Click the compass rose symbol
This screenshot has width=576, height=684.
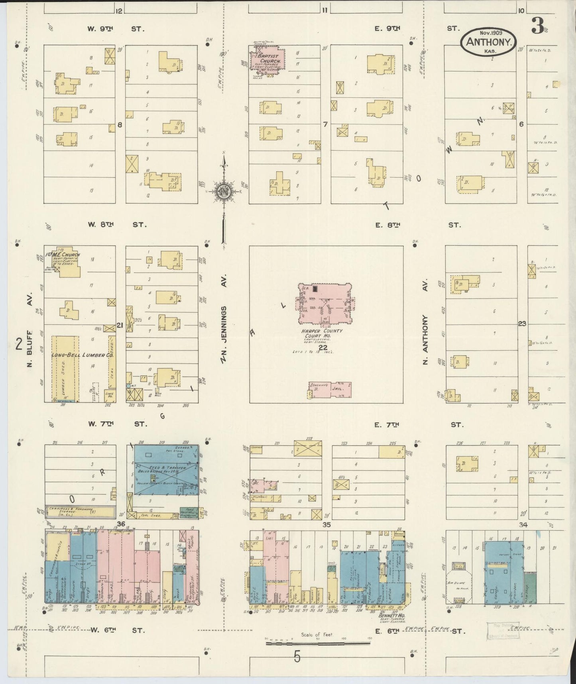(x=224, y=191)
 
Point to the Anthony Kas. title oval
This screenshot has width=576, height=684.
(x=489, y=42)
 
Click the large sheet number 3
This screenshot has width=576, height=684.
(x=538, y=27)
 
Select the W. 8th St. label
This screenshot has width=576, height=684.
(x=117, y=225)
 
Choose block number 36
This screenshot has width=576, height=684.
(x=121, y=524)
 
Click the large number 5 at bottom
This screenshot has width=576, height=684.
(x=297, y=657)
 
